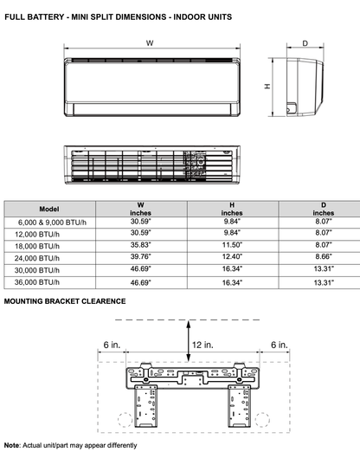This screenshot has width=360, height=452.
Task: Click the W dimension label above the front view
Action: coord(150,43)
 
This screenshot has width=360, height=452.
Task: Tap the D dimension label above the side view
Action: coord(305,42)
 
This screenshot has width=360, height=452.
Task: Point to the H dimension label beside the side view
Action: coord(267,86)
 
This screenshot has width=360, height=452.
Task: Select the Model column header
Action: coord(50,210)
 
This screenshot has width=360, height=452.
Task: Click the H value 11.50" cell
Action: coord(232,245)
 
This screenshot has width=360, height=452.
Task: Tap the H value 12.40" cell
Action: coord(232,257)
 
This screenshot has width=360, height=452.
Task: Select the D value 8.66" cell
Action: coord(324,257)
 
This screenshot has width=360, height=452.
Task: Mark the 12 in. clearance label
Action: coord(202,345)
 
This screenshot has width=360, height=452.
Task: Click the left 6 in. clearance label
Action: coord(111,345)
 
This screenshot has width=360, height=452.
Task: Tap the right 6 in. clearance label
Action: coord(278,345)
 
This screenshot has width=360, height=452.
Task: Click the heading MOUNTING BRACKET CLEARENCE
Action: coord(65,301)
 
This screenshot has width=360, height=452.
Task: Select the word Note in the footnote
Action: coord(12,444)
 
